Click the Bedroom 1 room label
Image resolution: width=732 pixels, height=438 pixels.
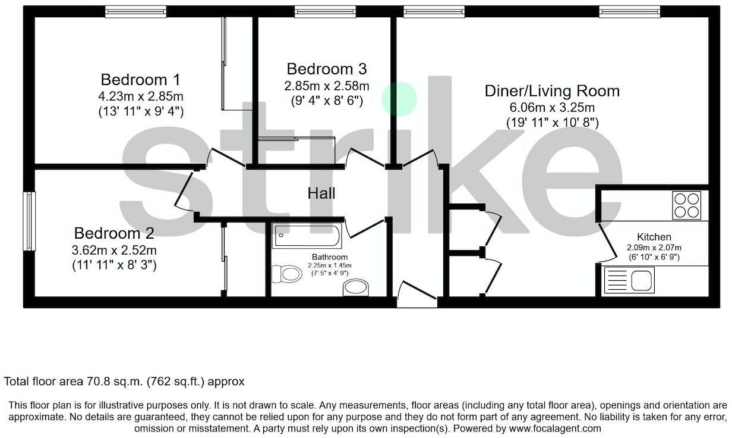coord(140,80)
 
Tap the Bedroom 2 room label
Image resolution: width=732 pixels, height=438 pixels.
coord(114,233)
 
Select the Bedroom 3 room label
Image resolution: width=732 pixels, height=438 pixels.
coord(326,69)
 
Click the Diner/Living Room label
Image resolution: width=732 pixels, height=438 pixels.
coord(552,91)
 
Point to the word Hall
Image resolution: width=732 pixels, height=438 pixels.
coord(321,193)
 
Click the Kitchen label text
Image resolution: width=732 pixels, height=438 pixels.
coord(654,237)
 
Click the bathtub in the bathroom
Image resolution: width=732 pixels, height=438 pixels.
coord(307,236)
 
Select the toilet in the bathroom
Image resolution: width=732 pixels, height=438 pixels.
coord(288,274)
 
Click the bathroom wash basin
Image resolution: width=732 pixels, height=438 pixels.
coord(355,289)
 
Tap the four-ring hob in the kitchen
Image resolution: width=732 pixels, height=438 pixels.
coord(686,205)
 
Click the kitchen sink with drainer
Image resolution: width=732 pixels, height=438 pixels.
coord(629,280)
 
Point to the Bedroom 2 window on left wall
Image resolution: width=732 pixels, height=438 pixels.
coord(29,221)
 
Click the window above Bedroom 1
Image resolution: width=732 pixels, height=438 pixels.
coord(135,11)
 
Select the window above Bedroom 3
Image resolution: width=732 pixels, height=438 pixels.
coord(325,11)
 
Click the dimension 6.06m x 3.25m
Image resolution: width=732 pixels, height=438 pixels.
coord(552,108)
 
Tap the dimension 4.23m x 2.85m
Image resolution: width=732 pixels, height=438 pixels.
coord(140,96)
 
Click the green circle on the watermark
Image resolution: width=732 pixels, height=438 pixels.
coord(399,99)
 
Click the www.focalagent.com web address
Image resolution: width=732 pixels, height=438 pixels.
coord(554,428)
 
